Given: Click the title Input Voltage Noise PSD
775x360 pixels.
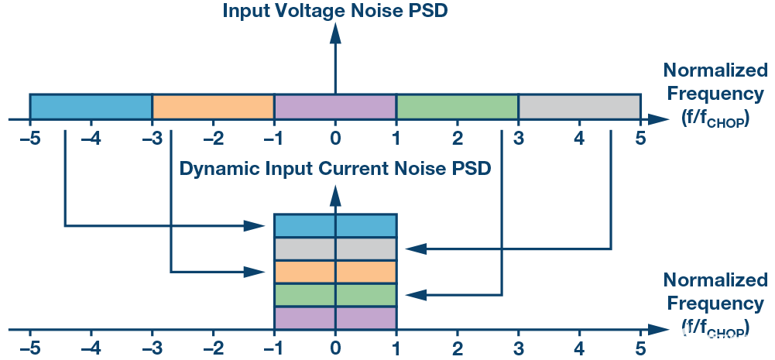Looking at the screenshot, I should click(335, 11).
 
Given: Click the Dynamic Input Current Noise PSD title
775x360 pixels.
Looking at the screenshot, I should click(335, 168).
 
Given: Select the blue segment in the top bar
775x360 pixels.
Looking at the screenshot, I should click(91, 106).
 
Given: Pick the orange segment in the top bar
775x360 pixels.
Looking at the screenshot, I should click(213, 106).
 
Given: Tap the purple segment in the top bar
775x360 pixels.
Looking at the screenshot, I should click(335, 106).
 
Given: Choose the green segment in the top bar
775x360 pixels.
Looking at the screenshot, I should click(457, 106).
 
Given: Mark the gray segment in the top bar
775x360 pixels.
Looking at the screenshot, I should click(579, 106).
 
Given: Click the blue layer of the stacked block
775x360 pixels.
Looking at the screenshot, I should click(335, 225).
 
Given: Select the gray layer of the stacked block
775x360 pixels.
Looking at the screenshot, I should click(335, 249).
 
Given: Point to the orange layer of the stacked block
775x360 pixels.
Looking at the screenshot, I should click(335, 272).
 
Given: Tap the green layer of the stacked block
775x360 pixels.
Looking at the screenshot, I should click(335, 295).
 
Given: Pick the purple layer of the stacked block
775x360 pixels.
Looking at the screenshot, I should click(335, 318).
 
